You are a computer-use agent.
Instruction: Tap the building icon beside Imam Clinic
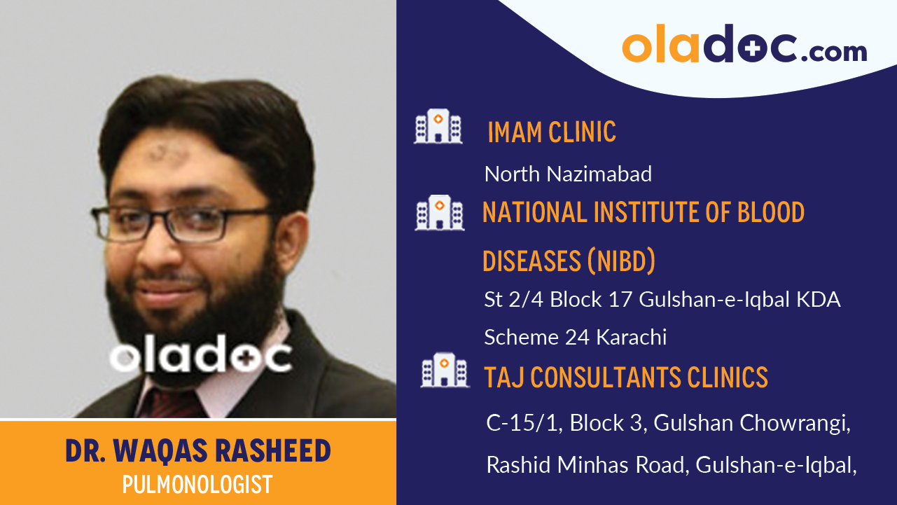click(x=438, y=127)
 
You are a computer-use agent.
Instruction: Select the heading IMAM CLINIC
click(x=551, y=132)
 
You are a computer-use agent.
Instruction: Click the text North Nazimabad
click(x=568, y=174)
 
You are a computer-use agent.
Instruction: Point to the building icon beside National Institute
click(x=439, y=212)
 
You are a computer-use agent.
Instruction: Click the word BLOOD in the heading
click(x=771, y=212)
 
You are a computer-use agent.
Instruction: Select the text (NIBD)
click(x=620, y=261)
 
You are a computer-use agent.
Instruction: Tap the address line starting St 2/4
click(x=662, y=300)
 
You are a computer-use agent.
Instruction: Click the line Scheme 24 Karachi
click(x=575, y=338)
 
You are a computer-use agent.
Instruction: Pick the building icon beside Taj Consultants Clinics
click(x=445, y=371)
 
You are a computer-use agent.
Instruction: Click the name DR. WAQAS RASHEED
click(x=198, y=451)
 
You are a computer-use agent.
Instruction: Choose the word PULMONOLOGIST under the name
click(x=197, y=485)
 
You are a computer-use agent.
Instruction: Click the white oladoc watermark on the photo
click(x=201, y=358)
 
